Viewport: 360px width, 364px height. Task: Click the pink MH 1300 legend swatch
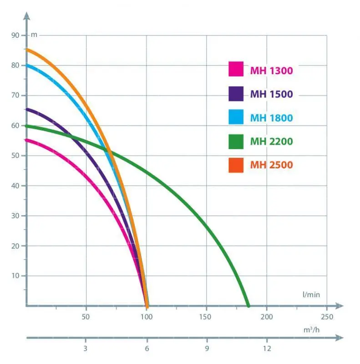(236, 70)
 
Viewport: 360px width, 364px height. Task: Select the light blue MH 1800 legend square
(236, 117)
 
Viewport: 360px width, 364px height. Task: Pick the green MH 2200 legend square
(236, 141)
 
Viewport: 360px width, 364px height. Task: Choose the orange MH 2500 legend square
(236, 164)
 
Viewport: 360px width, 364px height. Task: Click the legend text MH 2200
(271, 141)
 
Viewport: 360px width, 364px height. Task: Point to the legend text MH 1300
(271, 71)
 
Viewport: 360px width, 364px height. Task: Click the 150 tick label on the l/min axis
(206, 317)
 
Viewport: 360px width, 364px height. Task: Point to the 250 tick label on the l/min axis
(326, 317)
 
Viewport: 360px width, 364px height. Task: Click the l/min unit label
(311, 295)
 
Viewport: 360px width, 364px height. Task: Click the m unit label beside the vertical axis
(34, 35)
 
